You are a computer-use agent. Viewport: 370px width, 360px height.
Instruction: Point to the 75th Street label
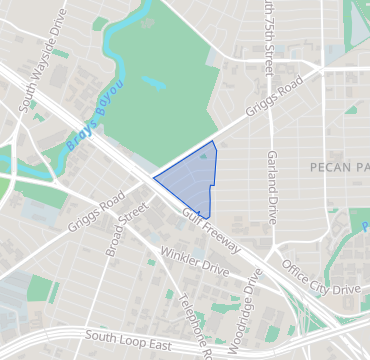(267, 38)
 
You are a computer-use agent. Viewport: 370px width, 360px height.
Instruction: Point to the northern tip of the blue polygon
(212, 142)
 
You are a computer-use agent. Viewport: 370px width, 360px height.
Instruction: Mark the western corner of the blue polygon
(153, 179)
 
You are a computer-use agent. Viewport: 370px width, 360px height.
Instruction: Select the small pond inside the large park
(152, 79)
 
